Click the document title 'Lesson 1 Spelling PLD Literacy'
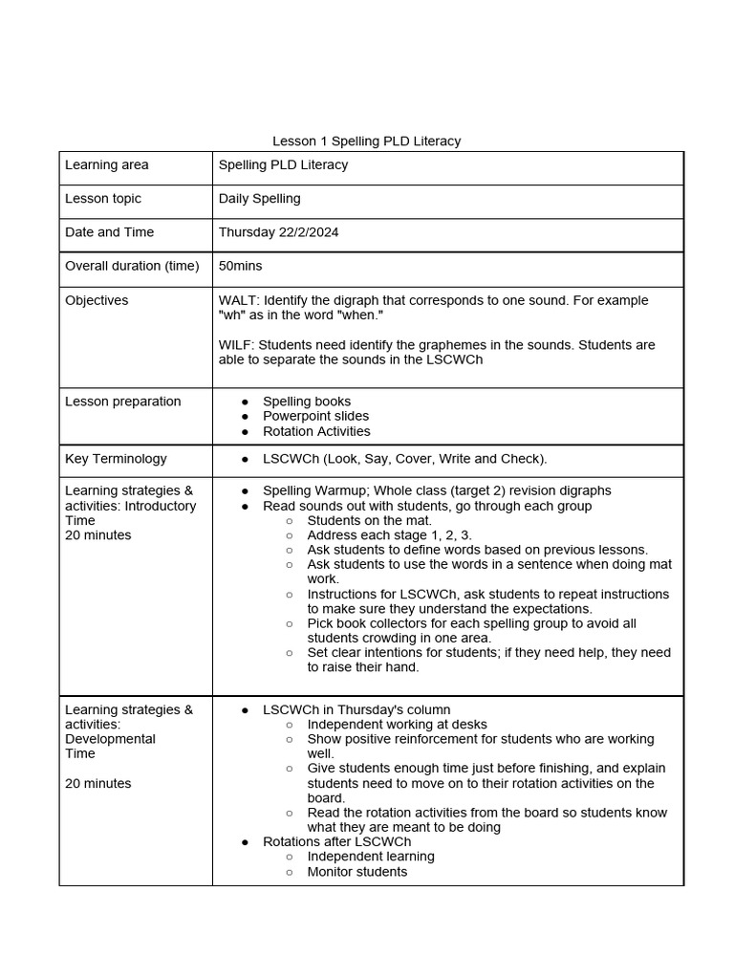(x=366, y=141)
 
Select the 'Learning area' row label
(x=106, y=165)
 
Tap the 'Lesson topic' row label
(x=102, y=199)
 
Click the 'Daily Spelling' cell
(x=259, y=199)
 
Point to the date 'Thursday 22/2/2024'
(x=278, y=232)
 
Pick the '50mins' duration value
(x=240, y=266)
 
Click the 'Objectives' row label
(x=96, y=300)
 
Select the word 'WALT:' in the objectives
(x=237, y=300)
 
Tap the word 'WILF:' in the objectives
(x=236, y=345)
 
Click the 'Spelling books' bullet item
(x=306, y=402)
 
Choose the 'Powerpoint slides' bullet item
(x=315, y=416)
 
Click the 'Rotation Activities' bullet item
(x=315, y=431)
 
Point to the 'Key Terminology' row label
(x=116, y=459)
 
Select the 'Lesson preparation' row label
(x=122, y=402)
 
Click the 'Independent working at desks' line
(x=397, y=725)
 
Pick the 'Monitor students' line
(x=356, y=872)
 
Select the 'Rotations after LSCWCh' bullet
(x=336, y=842)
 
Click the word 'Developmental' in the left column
(x=110, y=739)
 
